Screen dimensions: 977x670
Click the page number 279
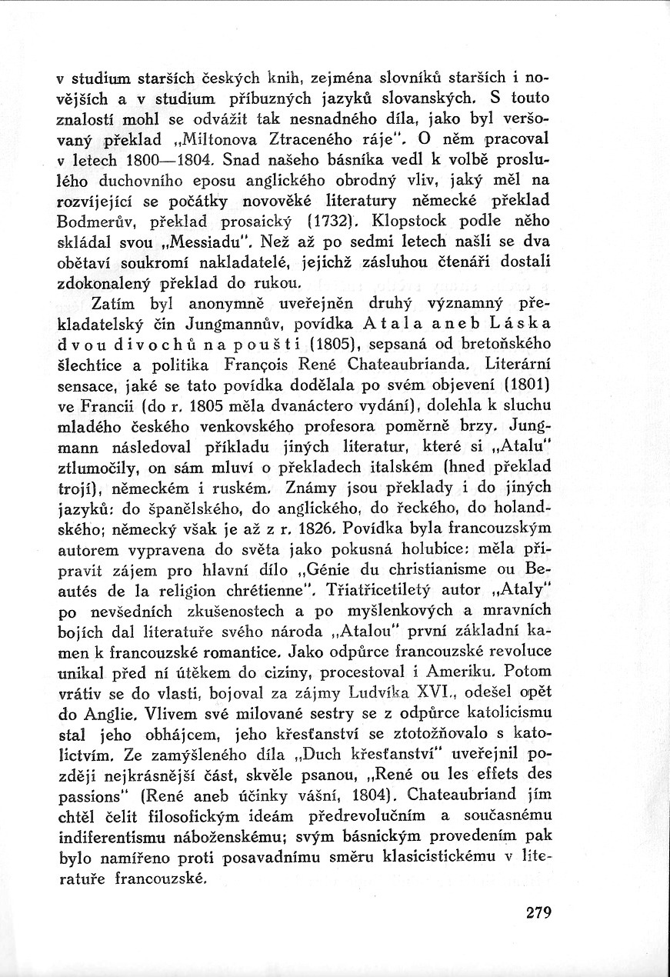[x=540, y=913]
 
